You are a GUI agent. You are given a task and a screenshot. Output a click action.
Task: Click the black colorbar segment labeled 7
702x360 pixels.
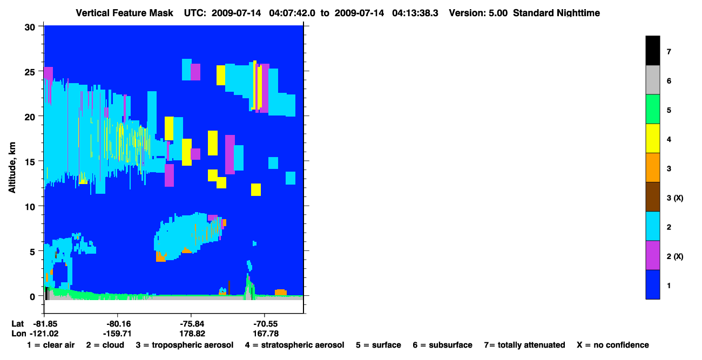pos(653,50)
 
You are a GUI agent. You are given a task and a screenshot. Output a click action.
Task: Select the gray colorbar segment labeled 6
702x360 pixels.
pos(653,80)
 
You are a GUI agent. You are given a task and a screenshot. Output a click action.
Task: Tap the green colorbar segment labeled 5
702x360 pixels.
pos(653,109)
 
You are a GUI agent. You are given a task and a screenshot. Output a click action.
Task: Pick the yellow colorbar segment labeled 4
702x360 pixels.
pos(653,138)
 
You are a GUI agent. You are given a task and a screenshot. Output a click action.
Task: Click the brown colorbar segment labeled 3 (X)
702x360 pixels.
pos(653,197)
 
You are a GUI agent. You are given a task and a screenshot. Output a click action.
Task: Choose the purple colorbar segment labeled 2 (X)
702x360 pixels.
pos(653,255)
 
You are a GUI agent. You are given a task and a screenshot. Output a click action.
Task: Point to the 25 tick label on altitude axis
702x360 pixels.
pos(30,72)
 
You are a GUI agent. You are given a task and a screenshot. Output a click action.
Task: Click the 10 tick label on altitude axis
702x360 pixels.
pos(30,207)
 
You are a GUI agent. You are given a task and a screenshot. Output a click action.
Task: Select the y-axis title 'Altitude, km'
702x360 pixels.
pos(12,168)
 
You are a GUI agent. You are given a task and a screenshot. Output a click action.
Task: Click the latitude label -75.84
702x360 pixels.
pos(192,324)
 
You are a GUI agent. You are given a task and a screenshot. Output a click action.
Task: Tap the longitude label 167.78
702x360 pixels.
pos(266,334)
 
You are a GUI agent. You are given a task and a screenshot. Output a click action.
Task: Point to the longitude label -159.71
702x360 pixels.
pos(117,334)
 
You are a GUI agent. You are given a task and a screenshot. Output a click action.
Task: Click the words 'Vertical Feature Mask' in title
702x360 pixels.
pos(124,13)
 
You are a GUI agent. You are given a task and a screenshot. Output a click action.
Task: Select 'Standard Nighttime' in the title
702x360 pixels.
pos(556,13)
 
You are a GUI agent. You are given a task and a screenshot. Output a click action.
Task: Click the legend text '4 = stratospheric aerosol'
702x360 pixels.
pos(295,345)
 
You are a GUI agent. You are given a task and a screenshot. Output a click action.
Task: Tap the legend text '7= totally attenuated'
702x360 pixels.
pos(525,345)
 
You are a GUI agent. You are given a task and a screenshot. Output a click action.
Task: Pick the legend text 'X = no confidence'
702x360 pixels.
pos(613,345)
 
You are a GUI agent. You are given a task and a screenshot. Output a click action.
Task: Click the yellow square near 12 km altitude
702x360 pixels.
pos(256,189)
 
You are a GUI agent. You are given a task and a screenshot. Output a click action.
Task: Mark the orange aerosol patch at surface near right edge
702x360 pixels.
pos(280,293)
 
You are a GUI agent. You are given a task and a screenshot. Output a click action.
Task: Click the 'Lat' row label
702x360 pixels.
pos(17,324)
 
